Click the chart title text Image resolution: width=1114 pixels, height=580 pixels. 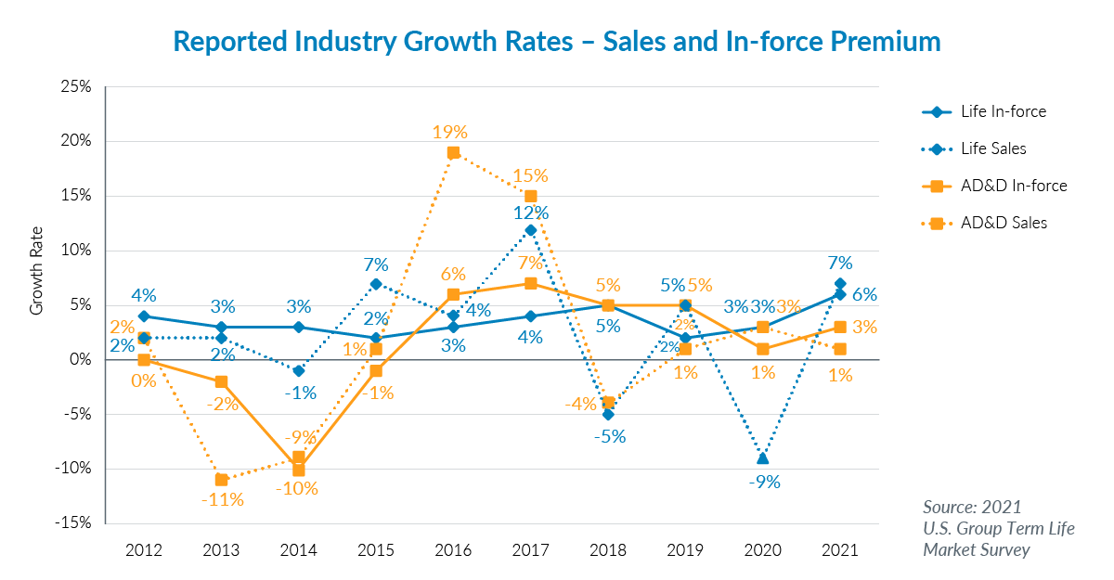557,42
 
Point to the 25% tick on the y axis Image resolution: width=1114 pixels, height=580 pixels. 75,87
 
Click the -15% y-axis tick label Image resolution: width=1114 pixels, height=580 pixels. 72,523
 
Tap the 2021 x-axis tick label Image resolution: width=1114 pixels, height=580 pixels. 839,550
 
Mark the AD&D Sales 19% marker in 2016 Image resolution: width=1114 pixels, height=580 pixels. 453,153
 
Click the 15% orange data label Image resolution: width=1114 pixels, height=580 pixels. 530,175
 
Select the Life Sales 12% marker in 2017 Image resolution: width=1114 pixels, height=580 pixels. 530,229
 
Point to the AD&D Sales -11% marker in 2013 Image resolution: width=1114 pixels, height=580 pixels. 221,480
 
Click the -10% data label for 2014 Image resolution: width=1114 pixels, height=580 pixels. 298,489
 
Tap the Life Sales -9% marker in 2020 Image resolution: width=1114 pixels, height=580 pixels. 762,458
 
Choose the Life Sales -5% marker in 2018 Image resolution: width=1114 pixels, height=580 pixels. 607,414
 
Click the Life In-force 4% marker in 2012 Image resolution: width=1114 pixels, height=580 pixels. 144,316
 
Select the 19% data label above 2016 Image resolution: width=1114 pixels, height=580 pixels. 450,133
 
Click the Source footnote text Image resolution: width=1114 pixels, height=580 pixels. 998,529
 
